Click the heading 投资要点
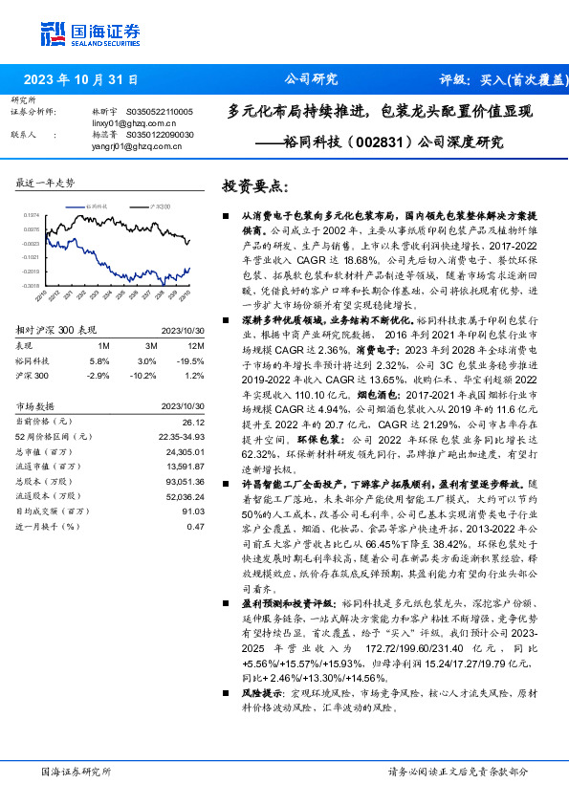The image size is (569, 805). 253,185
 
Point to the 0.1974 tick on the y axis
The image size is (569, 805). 31,215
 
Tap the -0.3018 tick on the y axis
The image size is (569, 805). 31,285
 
